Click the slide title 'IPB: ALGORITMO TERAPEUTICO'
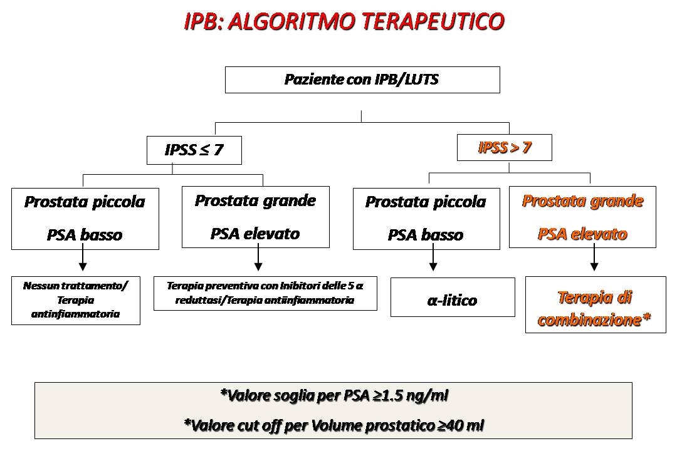(x=344, y=21)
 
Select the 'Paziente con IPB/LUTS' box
(x=362, y=80)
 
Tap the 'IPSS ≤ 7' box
(x=194, y=150)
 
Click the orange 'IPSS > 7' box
(x=505, y=148)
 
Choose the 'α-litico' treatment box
(x=452, y=299)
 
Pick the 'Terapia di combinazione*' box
(x=595, y=308)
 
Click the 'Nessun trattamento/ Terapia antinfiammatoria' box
(x=75, y=299)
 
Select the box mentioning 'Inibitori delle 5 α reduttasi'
(x=265, y=293)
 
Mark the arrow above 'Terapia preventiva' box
(x=258, y=259)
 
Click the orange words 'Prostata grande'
(x=582, y=201)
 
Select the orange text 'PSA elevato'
(x=582, y=234)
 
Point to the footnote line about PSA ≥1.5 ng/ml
(x=334, y=395)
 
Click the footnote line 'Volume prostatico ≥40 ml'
(x=334, y=425)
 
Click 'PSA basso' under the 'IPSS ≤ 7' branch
(x=85, y=235)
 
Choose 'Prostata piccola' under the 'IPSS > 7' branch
(x=426, y=202)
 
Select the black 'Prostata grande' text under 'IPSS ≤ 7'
(x=255, y=200)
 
